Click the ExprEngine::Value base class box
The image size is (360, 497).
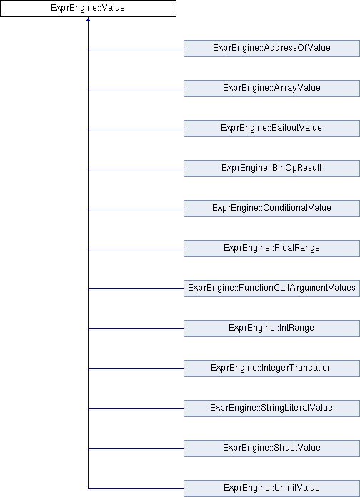click(88, 9)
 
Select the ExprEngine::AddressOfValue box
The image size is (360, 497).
click(271, 49)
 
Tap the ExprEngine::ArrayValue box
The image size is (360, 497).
click(271, 89)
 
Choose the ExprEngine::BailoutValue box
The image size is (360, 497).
click(271, 129)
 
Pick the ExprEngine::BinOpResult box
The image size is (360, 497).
click(271, 169)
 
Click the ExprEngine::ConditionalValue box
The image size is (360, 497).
click(271, 209)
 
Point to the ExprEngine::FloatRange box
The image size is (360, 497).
click(271, 248)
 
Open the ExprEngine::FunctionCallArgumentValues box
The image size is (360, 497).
click(271, 288)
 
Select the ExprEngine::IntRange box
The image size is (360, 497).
click(271, 328)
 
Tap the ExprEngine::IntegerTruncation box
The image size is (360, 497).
click(271, 368)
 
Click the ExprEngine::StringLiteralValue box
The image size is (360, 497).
click(271, 408)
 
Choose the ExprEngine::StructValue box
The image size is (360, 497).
click(271, 448)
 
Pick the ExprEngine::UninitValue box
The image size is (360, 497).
click(271, 488)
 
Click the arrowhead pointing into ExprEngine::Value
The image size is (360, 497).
click(88, 20)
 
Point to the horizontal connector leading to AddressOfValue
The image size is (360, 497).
click(136, 49)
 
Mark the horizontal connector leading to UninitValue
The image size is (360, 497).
click(136, 488)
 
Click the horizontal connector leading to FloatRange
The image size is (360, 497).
click(136, 248)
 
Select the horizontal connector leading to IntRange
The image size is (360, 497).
click(136, 328)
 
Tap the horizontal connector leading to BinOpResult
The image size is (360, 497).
click(136, 169)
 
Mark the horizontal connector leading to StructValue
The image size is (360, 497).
click(136, 448)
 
